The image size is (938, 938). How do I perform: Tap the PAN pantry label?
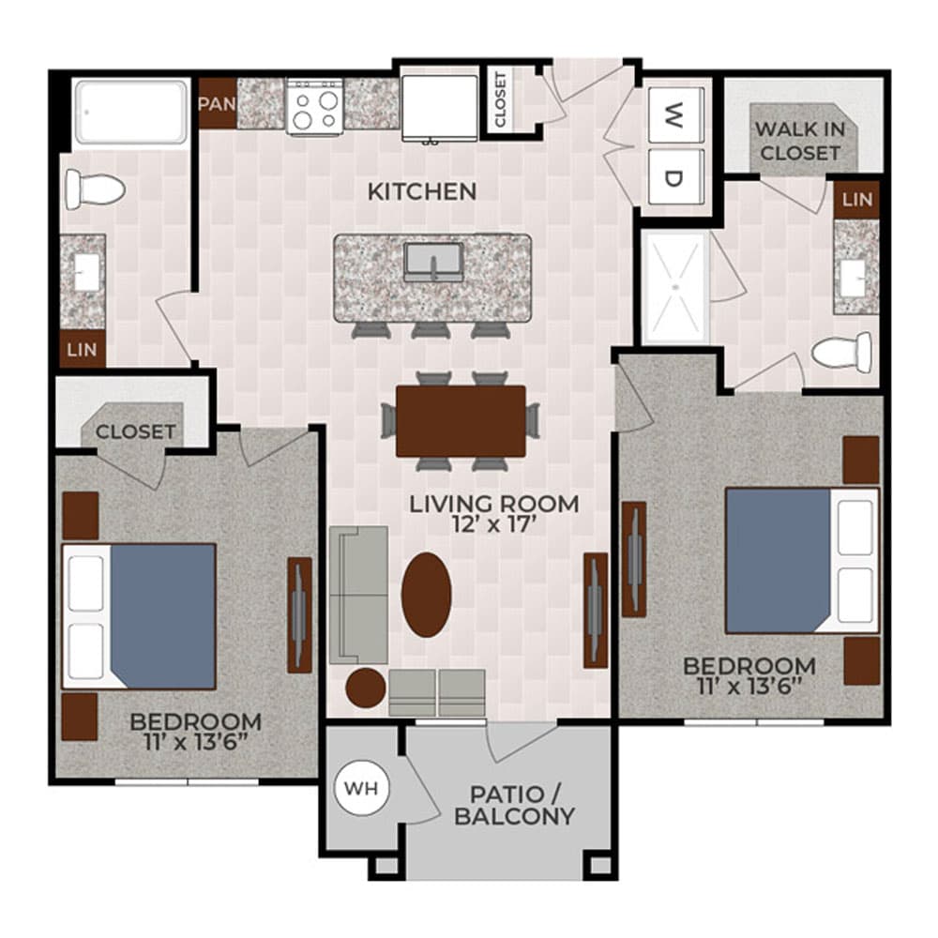217,102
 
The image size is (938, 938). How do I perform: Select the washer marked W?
673,116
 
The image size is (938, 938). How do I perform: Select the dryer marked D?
673,178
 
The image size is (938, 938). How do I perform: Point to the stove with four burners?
315,106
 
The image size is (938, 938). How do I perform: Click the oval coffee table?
427,595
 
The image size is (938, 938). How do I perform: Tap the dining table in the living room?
461,421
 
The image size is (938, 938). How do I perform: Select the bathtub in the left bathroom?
131,113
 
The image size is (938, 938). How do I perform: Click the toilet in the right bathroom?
841,354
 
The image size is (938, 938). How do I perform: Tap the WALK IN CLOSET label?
800,141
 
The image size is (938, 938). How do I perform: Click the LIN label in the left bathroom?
83,350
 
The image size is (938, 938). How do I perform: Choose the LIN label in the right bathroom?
857,199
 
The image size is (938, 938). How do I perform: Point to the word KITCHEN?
422,192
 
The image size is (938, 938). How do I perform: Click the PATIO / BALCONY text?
514,804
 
